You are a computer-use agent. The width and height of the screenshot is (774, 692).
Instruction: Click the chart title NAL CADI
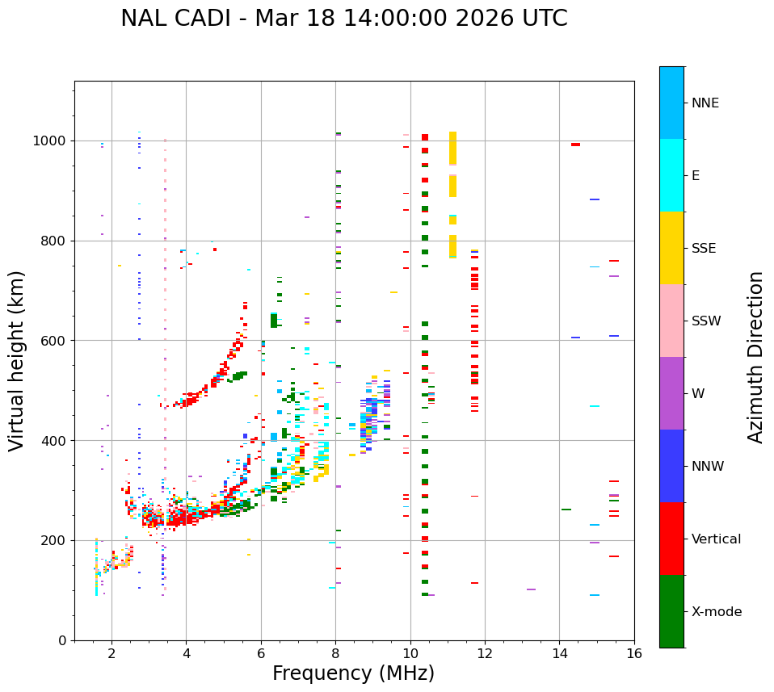coord(343,19)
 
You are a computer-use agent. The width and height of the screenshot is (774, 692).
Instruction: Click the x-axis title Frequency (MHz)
coord(353,673)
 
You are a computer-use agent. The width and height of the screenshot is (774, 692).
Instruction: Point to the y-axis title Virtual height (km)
coord(17,360)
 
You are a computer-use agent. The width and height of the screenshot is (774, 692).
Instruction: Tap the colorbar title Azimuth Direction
coord(755,357)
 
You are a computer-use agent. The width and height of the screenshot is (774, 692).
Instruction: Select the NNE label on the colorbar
coord(705,103)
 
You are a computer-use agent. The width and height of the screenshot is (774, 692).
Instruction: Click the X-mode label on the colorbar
coord(716,612)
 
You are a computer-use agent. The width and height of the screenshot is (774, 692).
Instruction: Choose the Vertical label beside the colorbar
coord(716,539)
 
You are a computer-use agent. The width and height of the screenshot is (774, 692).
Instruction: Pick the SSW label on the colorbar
coord(706,321)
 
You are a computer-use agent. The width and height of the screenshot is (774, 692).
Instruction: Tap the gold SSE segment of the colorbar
coord(671,247)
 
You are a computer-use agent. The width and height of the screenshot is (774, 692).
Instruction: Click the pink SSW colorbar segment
coord(671,321)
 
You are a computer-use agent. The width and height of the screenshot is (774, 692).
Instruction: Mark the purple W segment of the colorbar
coord(671,393)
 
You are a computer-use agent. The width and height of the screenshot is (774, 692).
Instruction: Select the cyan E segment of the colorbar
coord(671,174)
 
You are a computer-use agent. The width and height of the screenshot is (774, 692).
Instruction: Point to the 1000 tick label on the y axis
coord(50,141)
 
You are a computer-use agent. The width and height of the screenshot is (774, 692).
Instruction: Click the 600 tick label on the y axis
coord(54,341)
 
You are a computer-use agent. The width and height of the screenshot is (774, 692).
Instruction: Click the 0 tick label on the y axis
coord(62,640)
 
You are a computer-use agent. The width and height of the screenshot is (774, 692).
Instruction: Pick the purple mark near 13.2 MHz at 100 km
coord(531,589)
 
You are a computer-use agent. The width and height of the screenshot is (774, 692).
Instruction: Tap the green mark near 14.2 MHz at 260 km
coord(566,510)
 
